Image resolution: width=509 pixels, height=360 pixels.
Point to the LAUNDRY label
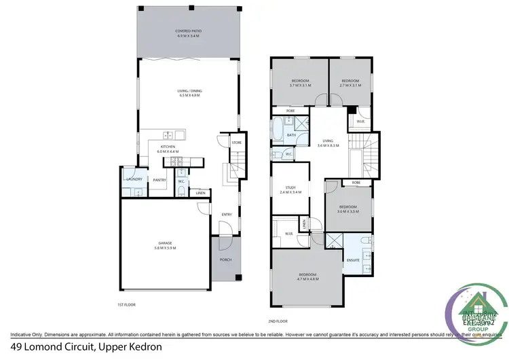[x=134, y=179]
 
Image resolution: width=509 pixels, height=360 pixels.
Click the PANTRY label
[x=159, y=180]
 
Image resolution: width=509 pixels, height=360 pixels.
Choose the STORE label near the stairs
[x=236, y=143]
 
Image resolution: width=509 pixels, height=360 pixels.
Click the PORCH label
[x=226, y=259]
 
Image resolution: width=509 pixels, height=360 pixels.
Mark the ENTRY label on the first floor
[x=227, y=215]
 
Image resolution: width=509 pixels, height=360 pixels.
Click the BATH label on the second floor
[x=291, y=135]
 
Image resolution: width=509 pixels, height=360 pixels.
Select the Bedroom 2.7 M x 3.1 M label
[x=350, y=83]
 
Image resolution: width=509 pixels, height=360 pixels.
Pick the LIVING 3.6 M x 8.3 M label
[x=329, y=144]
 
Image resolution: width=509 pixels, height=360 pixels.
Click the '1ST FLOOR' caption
[x=126, y=305]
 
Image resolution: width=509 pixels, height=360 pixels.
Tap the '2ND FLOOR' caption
[x=278, y=320]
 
